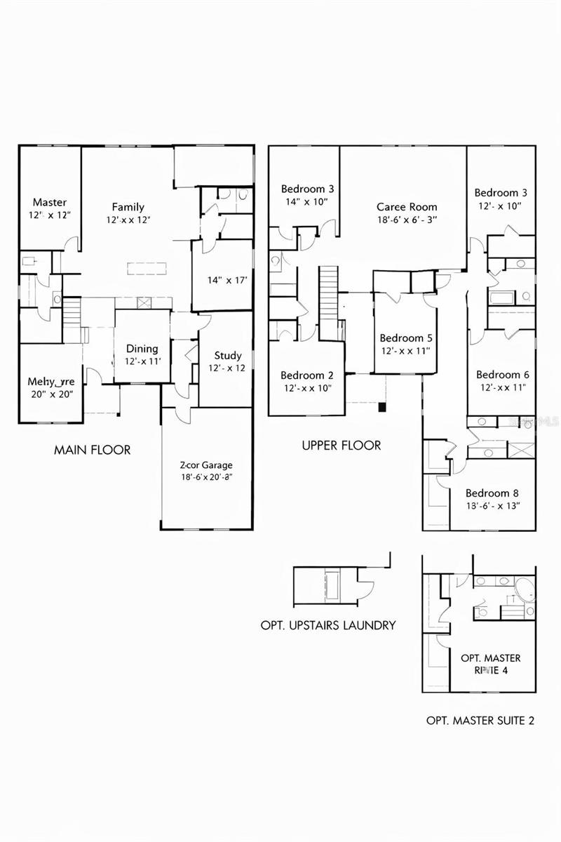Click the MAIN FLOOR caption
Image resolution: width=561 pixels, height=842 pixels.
(x=92, y=450)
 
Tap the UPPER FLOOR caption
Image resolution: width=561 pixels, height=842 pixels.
(x=341, y=445)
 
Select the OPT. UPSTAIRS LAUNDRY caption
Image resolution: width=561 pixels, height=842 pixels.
(x=328, y=625)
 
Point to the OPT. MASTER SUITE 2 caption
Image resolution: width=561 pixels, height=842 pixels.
(x=480, y=720)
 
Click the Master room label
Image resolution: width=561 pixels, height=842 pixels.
(x=50, y=203)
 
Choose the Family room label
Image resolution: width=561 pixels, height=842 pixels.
(x=128, y=207)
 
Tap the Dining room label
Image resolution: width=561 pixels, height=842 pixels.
(x=142, y=349)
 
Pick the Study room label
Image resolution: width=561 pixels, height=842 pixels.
(x=228, y=356)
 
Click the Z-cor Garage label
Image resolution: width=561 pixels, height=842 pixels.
(x=206, y=465)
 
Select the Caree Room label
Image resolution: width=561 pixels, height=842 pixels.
(x=407, y=207)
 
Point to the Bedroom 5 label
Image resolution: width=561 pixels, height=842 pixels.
(x=402, y=338)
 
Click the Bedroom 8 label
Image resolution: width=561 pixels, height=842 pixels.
(x=492, y=493)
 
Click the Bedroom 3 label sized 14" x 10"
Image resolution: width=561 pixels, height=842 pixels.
(x=307, y=189)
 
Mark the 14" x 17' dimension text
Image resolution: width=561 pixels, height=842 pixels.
(x=222, y=280)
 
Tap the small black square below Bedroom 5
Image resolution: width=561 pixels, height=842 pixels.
(x=381, y=407)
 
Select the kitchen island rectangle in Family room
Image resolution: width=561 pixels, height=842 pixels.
(x=148, y=268)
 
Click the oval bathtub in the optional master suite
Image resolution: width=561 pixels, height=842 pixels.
(x=522, y=588)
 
